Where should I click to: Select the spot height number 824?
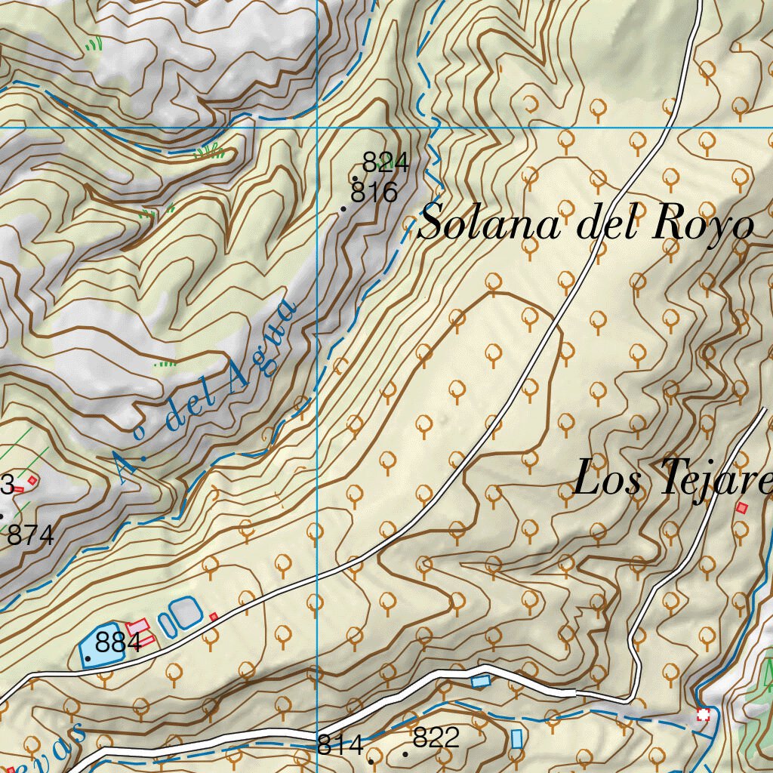pos(385,162)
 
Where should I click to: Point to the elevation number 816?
pos(374,193)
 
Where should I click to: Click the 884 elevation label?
pos(119,644)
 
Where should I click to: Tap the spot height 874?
pos(31,536)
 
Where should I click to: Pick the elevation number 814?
pos(340,745)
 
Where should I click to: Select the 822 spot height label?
pos(436,738)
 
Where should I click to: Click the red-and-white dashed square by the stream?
pos(704,714)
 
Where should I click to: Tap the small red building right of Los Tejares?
pos(742,508)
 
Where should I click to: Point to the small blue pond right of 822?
pos(516,739)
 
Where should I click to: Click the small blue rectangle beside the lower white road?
pos(480,681)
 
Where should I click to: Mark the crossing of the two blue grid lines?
pos(317,128)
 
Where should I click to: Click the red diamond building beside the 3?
pos(32,480)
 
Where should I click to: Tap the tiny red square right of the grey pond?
pos(214,617)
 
